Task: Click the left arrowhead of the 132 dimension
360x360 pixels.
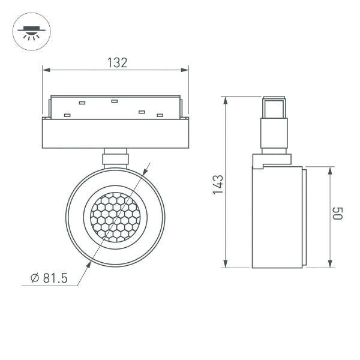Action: coord(45,71)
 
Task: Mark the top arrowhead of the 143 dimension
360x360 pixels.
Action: coord(226,99)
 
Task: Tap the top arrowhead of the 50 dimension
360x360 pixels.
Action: coord(329,170)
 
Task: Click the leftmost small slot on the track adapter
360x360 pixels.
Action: coord(67,115)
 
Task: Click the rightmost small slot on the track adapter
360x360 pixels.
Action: coord(160,115)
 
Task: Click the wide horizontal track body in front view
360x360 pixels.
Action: coord(115,133)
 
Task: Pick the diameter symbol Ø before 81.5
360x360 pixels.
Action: coord(35,278)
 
